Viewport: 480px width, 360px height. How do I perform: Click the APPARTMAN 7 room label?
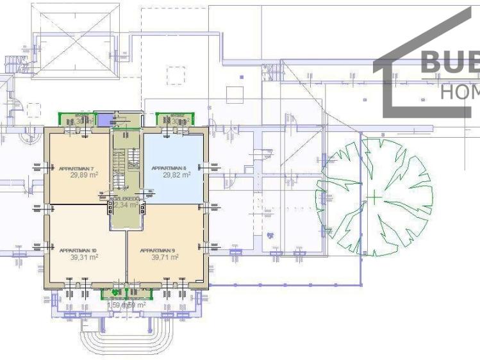pos(72,168)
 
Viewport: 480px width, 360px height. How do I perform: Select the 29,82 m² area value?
pos(176,174)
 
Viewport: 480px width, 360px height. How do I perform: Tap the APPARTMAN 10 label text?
pos(78,250)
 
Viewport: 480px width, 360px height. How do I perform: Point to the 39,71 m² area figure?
pos(165,257)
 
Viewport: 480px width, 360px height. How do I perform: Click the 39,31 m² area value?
pos(84,257)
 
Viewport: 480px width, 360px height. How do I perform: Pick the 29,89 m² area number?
pos(84,174)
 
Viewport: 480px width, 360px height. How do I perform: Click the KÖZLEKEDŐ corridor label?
pos(124,199)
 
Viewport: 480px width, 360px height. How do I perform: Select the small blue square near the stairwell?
pos(103,119)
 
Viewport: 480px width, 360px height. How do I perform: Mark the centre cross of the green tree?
pos(374,197)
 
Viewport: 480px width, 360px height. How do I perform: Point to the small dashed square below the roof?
pos(176,76)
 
